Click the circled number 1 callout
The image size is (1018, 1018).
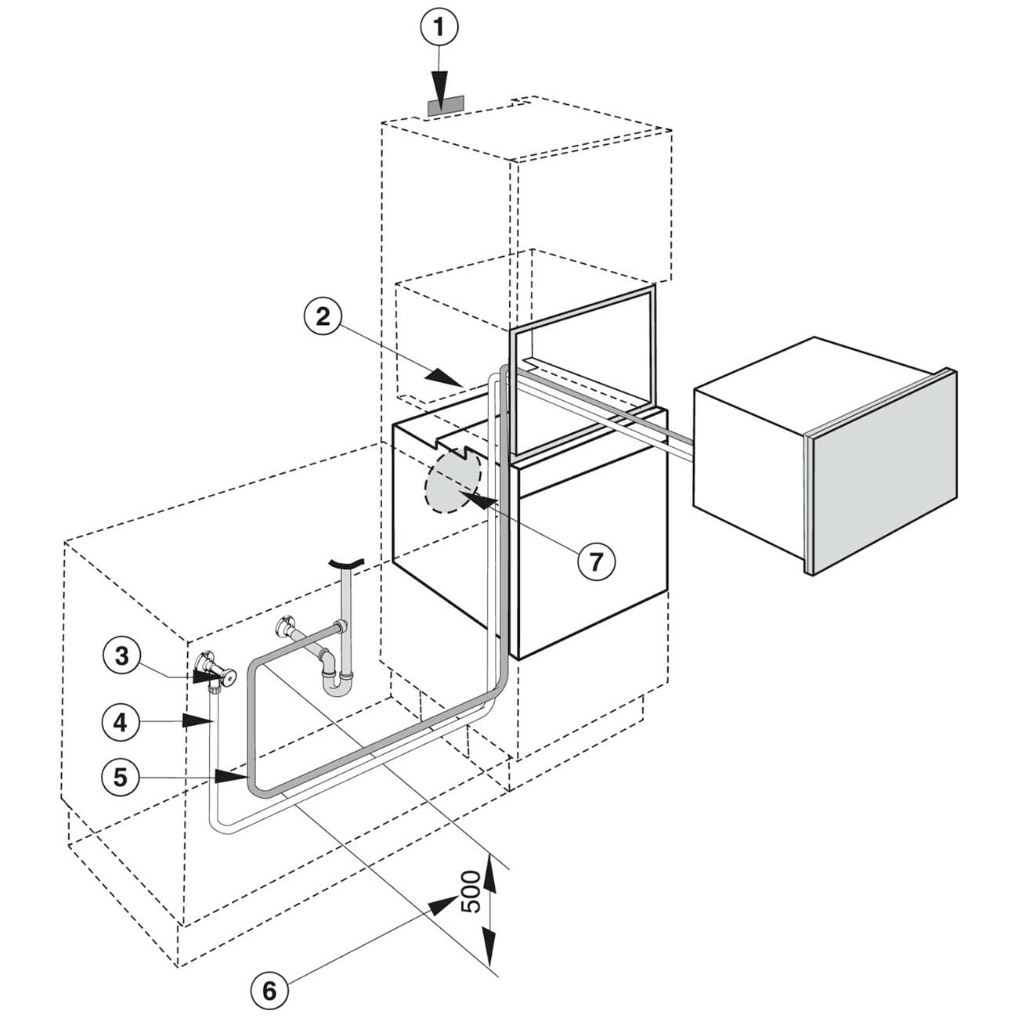(x=439, y=30)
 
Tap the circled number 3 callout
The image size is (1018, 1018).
(x=121, y=655)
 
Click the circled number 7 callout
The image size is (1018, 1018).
(x=597, y=561)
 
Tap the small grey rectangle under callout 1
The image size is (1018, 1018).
(x=446, y=104)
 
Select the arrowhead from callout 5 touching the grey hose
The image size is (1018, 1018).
(x=233, y=777)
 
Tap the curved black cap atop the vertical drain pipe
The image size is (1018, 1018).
(x=347, y=562)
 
